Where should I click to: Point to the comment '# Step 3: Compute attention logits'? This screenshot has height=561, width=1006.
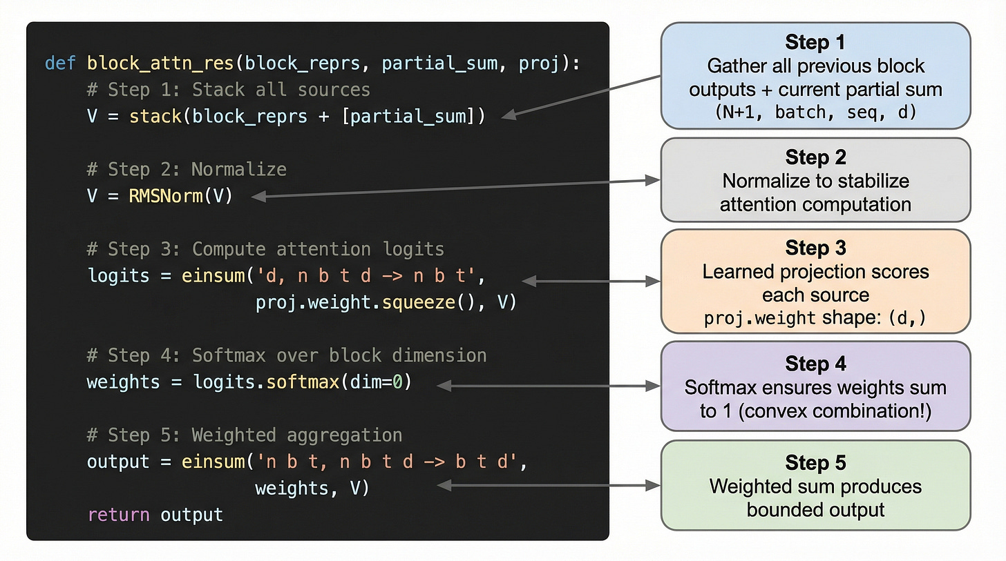pos(266,249)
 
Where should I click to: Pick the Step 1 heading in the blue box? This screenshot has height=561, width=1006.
pos(815,43)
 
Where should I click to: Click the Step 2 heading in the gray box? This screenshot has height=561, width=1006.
pos(815,157)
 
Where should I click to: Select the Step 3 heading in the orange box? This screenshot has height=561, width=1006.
pos(815,248)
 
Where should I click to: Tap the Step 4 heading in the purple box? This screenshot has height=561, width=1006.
pos(815,364)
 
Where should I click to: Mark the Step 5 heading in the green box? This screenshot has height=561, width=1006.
pos(815,463)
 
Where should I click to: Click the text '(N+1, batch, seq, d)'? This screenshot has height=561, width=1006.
pos(815,112)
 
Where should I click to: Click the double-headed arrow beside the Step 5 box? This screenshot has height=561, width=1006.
pos(549,486)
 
